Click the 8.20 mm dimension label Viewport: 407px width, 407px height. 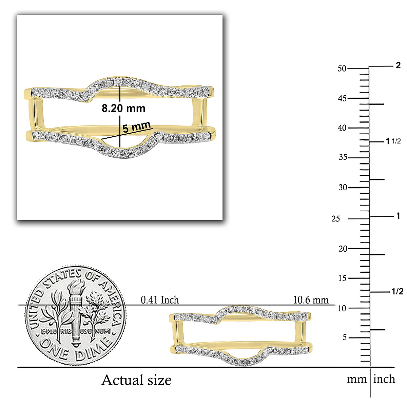click(123, 108)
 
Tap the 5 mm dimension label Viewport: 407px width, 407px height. click(136, 127)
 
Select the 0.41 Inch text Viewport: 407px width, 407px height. click(160, 300)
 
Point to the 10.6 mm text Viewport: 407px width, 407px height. click(311, 300)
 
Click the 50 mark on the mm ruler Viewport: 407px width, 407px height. click(342, 69)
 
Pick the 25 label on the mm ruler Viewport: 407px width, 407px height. click(336, 219)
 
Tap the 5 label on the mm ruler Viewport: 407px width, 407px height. click(345, 337)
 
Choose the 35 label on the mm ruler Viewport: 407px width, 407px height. click(343, 157)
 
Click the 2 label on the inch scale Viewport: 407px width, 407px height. click(398, 65)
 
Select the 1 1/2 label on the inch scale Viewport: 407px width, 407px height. click(393, 141)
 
